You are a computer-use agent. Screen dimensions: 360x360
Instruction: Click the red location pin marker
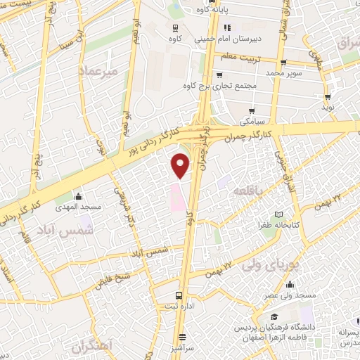tap(181, 165)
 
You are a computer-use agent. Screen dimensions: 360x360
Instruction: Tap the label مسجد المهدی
tap(79, 208)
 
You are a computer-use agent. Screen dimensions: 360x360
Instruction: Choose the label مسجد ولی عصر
tap(290, 296)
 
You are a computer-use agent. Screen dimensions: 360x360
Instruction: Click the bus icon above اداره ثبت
tap(179, 296)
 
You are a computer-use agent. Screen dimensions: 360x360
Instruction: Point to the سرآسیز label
tap(183, 349)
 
